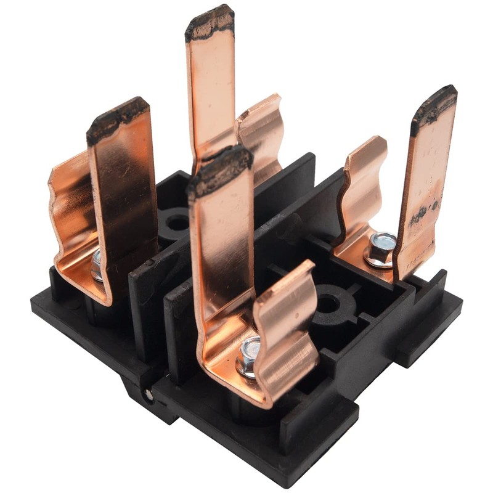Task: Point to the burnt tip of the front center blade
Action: click(220, 166)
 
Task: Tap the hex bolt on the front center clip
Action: click(248, 356)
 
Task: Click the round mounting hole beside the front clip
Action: click(327, 303)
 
